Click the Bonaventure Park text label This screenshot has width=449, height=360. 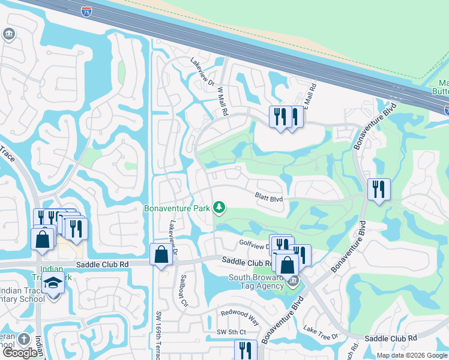point(177,209)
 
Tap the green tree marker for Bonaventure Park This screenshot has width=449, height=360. point(220,208)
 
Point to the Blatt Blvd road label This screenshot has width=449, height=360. point(268,196)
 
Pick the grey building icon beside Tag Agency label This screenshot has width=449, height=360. point(292,281)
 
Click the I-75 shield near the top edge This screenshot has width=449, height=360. point(88,10)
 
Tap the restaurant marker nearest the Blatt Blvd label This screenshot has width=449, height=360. point(378,190)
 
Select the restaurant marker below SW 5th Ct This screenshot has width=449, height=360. point(245,350)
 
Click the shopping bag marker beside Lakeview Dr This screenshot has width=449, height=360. point(161,255)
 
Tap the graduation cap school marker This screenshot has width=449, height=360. point(53,283)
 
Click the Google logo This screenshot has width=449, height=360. point(20,353)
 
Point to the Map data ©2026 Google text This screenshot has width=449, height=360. point(412,355)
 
